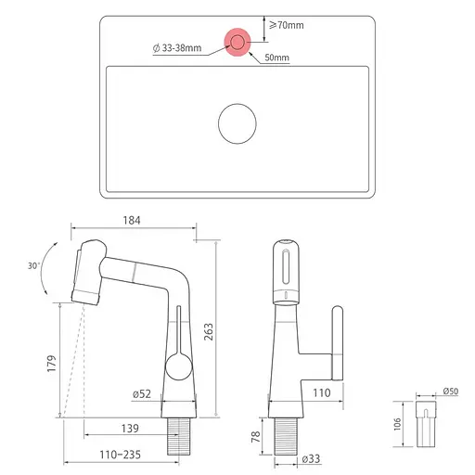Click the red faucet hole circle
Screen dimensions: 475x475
point(237,42)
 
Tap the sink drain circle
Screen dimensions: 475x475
point(237,122)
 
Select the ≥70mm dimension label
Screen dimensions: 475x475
point(286,24)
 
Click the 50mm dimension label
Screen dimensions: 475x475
point(276,58)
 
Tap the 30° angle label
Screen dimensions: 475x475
point(34,266)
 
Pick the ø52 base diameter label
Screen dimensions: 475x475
point(142,394)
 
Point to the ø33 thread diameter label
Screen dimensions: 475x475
point(310,459)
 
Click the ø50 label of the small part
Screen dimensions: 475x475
point(450,392)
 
